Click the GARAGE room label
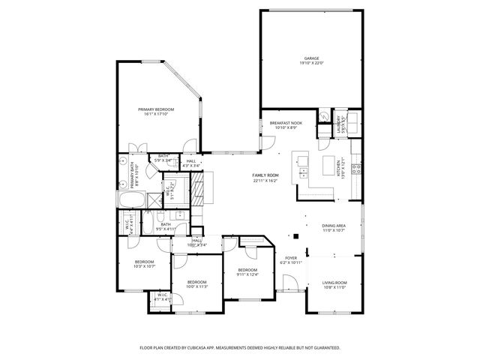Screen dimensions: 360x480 tap(310, 58)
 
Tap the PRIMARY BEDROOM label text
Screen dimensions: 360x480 tap(156, 109)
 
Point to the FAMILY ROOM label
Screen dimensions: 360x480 tap(265, 175)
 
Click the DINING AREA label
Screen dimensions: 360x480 tap(333, 226)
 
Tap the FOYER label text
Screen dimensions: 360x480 tap(291, 258)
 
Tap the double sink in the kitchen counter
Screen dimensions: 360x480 tap(304, 172)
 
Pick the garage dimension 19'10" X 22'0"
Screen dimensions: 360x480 tap(310, 63)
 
